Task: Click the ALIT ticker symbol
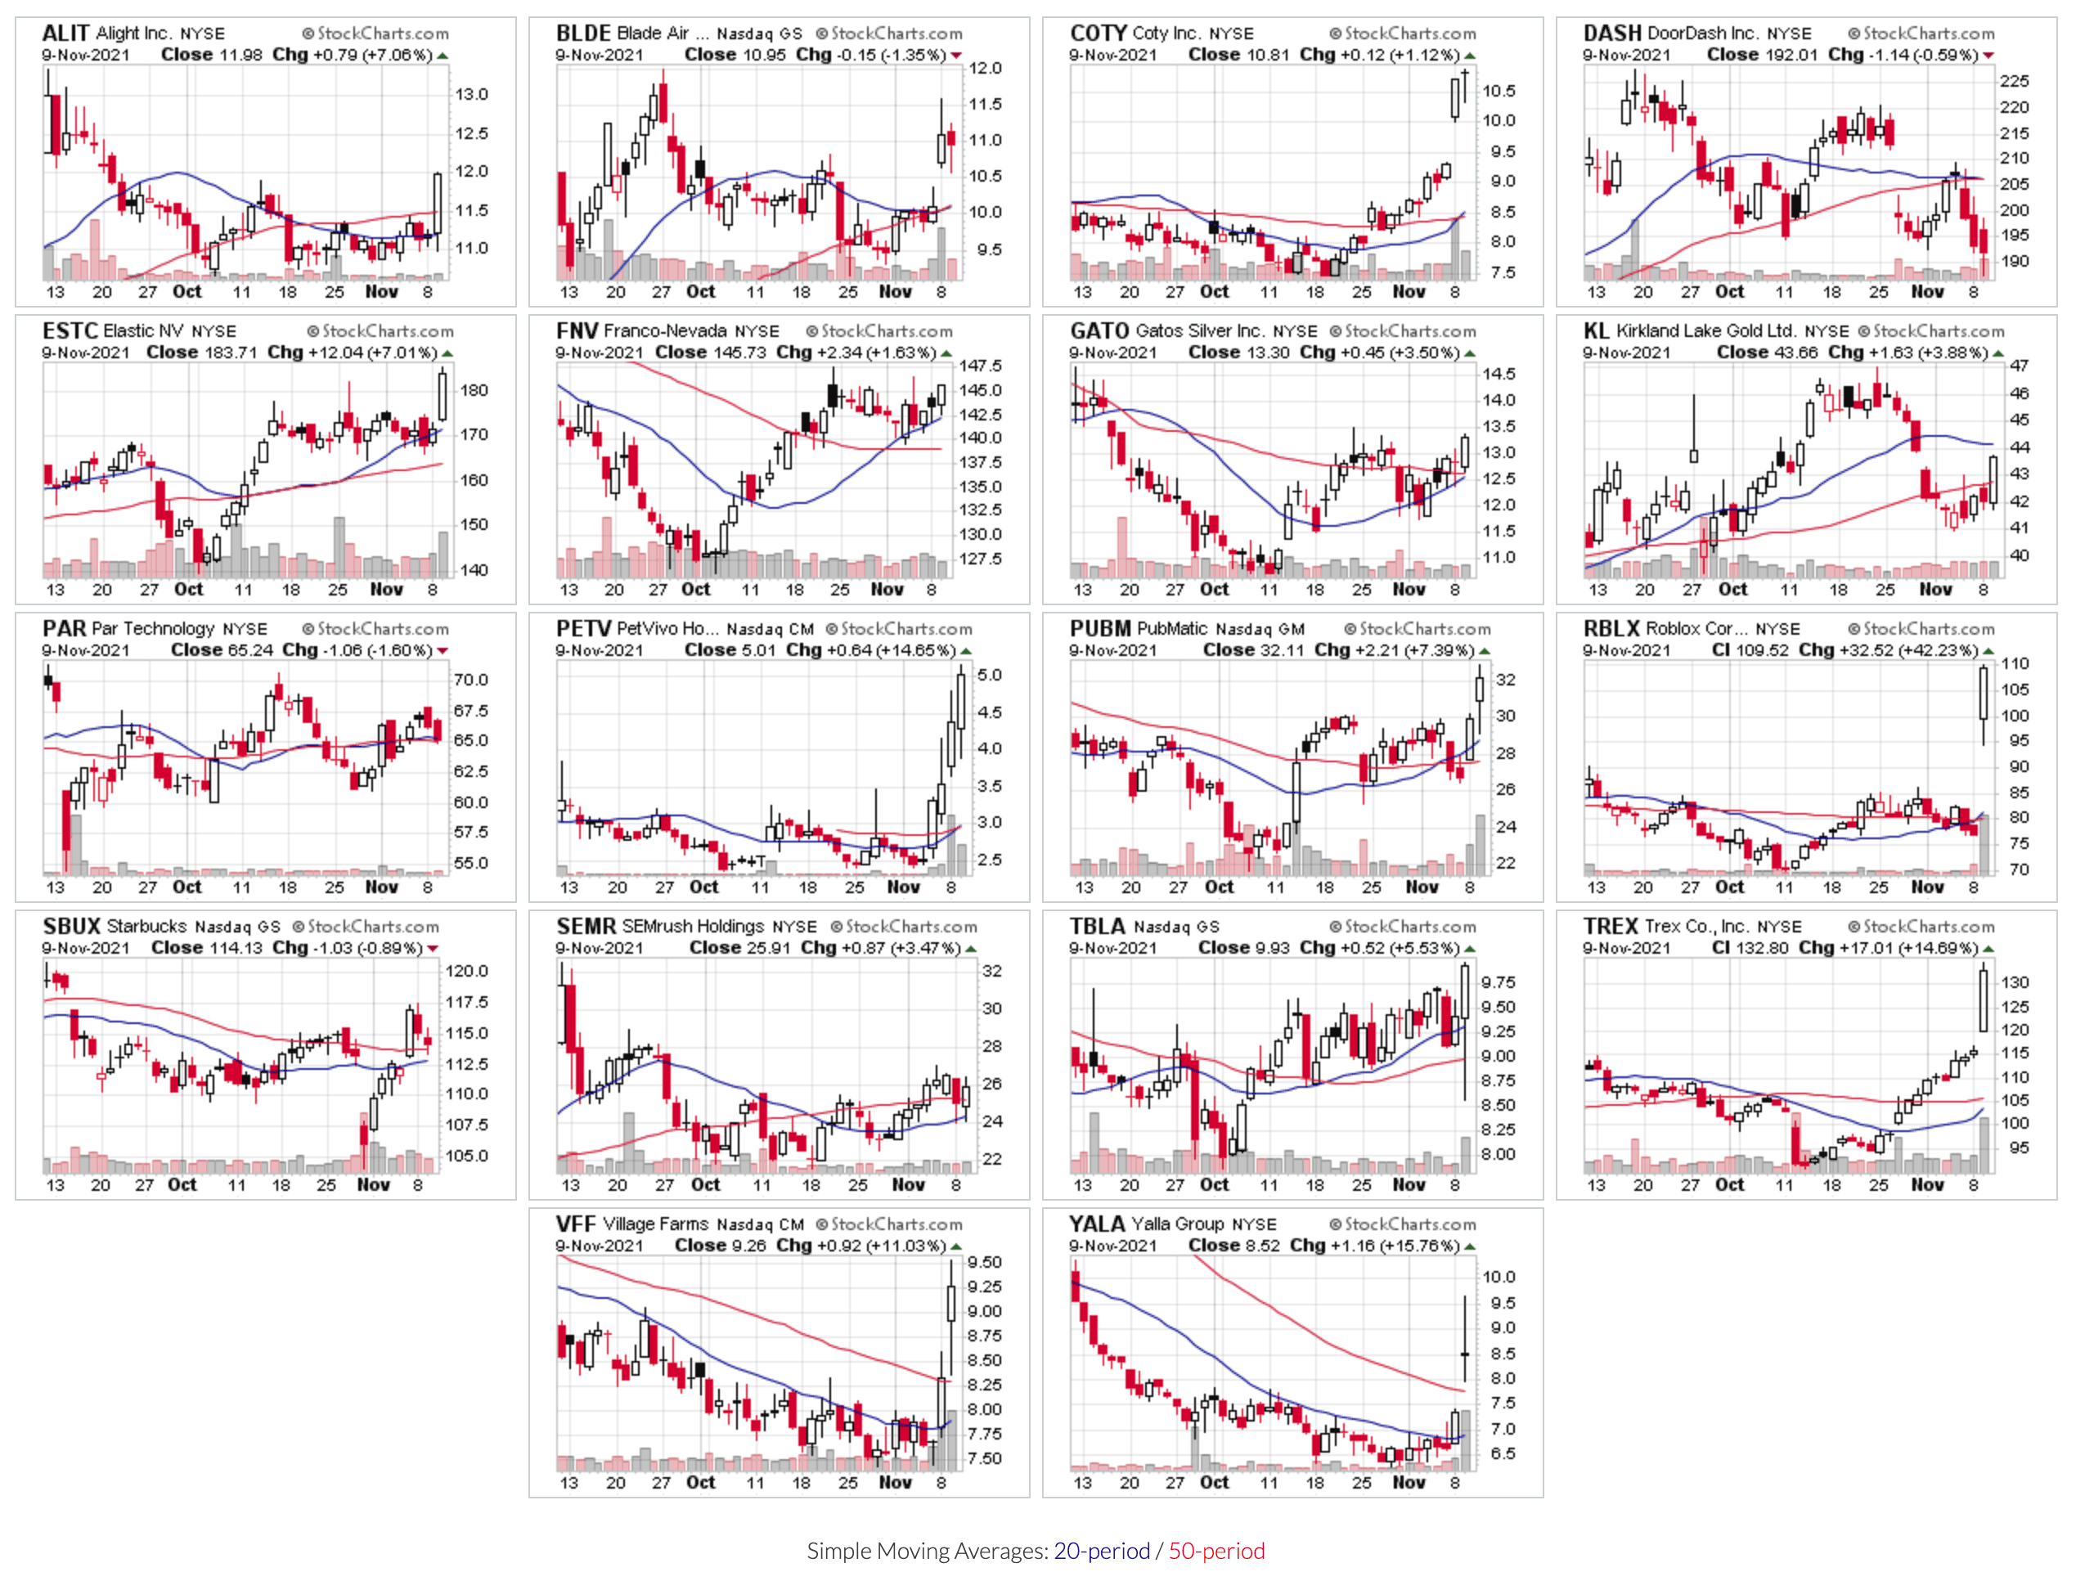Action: coord(65,33)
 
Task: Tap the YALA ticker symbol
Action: coord(1097,1224)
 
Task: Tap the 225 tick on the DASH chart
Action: coord(2015,82)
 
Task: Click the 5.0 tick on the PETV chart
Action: coord(989,675)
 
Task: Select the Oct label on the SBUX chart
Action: coord(182,1184)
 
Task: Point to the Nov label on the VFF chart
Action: coord(895,1482)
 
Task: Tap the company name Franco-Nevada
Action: coord(664,331)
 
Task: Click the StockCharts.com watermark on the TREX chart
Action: coord(1921,927)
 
